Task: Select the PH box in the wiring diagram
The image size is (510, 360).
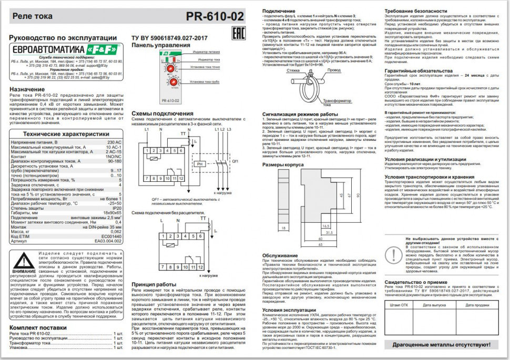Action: click(199, 164)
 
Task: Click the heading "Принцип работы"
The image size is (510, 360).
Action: click(154, 284)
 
